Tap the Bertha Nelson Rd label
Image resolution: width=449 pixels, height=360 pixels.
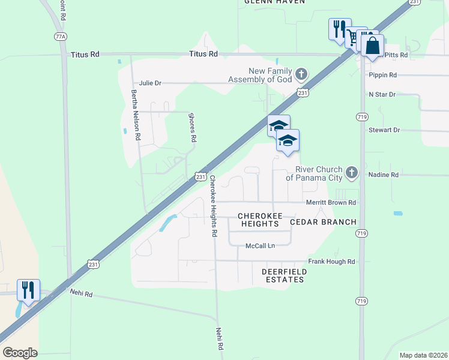[136, 115]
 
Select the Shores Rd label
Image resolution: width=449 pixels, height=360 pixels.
[193, 127]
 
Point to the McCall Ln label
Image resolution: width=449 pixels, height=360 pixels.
[260, 246]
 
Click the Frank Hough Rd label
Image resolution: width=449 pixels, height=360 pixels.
[331, 262]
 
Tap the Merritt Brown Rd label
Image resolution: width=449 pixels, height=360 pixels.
[331, 203]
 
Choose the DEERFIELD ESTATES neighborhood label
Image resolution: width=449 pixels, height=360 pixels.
[285, 275]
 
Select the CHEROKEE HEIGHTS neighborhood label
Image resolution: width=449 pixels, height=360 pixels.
[259, 220]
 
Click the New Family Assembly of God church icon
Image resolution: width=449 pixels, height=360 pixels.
[301, 74]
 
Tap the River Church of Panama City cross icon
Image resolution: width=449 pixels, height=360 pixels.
[352, 173]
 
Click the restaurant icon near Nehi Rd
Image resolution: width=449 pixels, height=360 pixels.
[28, 290]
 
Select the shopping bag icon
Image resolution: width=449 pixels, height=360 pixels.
[372, 45]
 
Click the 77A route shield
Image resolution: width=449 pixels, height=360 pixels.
[60, 37]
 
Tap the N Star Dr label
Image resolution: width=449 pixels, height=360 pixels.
[382, 95]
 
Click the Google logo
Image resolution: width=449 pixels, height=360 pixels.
[20, 353]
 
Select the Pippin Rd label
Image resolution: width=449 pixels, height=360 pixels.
[384, 75]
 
